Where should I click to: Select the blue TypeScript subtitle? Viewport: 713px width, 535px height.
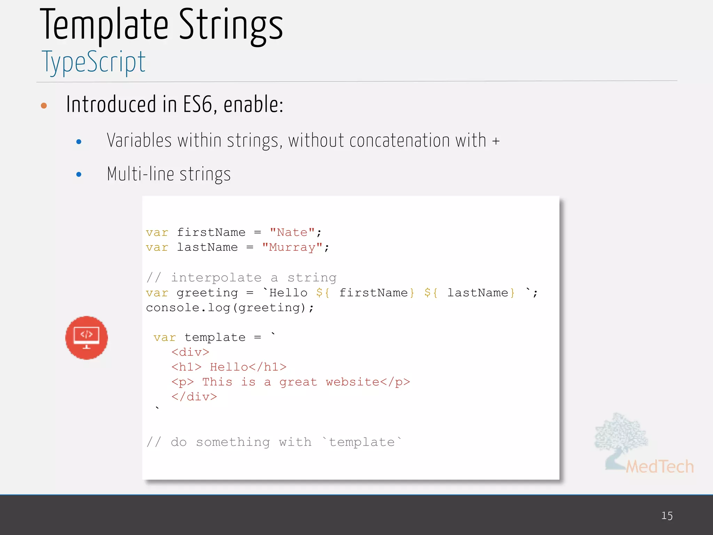(x=93, y=62)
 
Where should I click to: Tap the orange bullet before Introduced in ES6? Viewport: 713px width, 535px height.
(x=44, y=106)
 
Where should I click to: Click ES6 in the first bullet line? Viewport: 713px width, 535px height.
(x=198, y=104)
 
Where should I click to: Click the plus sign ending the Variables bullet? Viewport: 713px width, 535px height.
(x=496, y=141)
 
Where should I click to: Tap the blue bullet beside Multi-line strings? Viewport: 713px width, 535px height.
(x=79, y=174)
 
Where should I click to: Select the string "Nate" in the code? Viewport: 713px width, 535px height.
(x=292, y=232)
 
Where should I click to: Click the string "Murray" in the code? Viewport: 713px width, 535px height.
(x=292, y=247)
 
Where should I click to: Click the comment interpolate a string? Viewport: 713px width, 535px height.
(x=241, y=278)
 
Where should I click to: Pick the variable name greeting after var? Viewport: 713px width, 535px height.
(x=207, y=293)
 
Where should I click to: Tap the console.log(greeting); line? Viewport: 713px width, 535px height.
(x=230, y=308)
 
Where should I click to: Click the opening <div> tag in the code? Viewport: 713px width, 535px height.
(x=190, y=352)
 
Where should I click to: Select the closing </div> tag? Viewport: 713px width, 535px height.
(x=194, y=397)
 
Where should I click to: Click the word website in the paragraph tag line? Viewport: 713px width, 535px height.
(x=352, y=382)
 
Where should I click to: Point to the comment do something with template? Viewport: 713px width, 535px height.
(x=274, y=442)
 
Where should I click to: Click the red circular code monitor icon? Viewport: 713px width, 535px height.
(x=86, y=338)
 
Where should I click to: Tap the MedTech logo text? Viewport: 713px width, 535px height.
(x=659, y=467)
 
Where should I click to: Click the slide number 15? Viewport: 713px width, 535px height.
(x=667, y=515)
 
